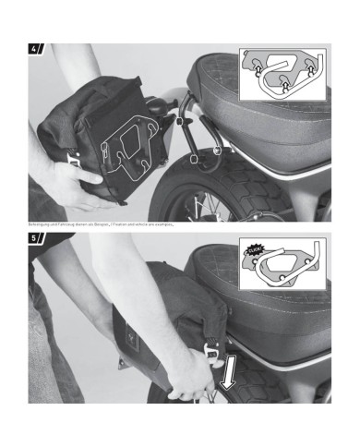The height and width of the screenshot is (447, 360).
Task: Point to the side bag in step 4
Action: click(111, 139)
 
